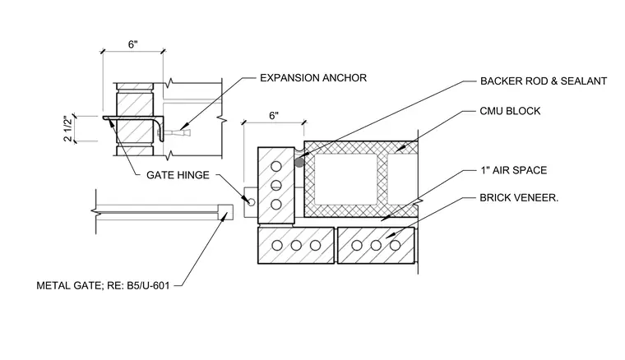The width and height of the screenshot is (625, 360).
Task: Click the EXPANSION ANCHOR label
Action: click(x=312, y=77)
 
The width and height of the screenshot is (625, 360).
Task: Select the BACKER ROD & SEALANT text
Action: click(x=544, y=81)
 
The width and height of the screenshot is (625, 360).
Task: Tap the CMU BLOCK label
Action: click(x=510, y=111)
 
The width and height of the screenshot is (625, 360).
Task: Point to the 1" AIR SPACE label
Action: click(x=513, y=170)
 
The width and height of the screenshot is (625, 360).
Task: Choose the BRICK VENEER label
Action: click(x=519, y=198)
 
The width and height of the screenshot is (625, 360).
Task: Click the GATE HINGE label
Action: click(x=178, y=175)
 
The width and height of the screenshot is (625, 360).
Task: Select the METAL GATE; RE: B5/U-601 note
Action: click(x=103, y=285)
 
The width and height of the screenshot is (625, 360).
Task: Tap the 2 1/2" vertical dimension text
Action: click(x=68, y=128)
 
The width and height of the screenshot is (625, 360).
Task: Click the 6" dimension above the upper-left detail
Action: click(x=132, y=44)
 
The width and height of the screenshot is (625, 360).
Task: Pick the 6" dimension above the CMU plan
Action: click(x=274, y=116)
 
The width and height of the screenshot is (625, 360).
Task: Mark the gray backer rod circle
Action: click(x=299, y=162)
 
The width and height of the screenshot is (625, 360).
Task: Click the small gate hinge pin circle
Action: click(x=251, y=202)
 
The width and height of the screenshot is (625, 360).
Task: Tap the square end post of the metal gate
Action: click(x=225, y=212)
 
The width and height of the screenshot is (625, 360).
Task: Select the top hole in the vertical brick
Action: click(x=275, y=166)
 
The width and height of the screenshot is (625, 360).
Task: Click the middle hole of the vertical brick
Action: click(x=275, y=185)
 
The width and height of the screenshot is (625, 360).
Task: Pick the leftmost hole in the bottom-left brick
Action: click(x=277, y=245)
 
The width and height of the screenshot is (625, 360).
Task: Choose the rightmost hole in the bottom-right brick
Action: click(x=395, y=245)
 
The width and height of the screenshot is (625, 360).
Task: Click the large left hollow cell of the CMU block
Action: click(x=346, y=179)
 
